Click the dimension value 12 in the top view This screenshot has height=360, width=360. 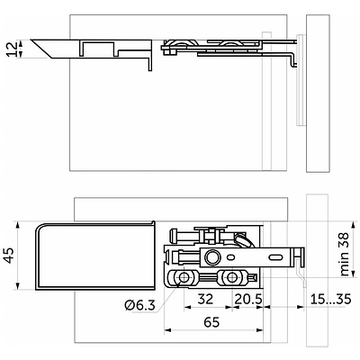(x=13, y=49)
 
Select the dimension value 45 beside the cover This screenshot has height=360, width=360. (x=10, y=256)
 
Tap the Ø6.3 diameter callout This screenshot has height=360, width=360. (x=139, y=305)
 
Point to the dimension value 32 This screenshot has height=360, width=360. (x=205, y=299)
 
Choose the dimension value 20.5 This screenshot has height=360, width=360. (x=248, y=299)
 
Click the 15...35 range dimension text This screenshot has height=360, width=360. (x=330, y=299)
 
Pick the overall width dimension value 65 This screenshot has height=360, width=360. (x=211, y=322)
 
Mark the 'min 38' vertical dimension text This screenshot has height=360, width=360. (x=345, y=254)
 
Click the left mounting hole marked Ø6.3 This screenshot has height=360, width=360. (x=184, y=278)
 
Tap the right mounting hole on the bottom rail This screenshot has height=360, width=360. (x=231, y=278)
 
